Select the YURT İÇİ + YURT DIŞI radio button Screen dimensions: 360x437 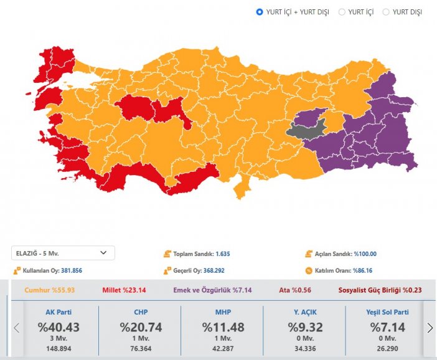click(260, 12)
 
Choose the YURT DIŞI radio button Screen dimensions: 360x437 click(386, 12)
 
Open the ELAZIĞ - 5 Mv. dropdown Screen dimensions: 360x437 click(63, 253)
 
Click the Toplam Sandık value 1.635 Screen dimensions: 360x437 click(223, 254)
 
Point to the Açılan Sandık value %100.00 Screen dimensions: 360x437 click(365, 254)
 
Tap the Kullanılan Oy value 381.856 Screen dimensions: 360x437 click(72, 271)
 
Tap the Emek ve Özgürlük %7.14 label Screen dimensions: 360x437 click(212, 290)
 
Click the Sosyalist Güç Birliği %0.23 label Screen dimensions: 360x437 click(380, 290)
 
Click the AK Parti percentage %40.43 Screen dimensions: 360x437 click(59, 327)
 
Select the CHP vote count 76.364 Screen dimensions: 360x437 click(141, 349)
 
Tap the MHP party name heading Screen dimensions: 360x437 click(223, 312)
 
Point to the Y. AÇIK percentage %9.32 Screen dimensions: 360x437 click(306, 327)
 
